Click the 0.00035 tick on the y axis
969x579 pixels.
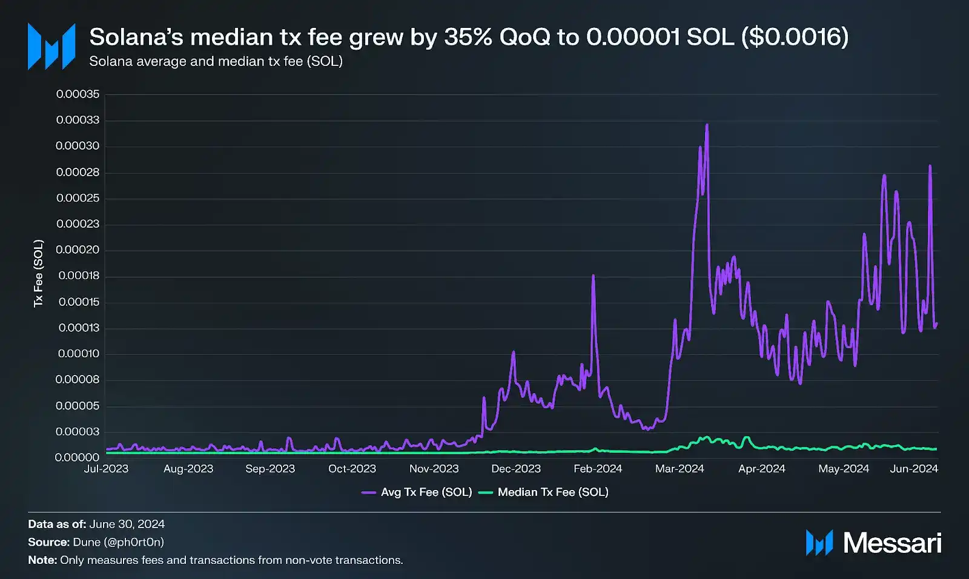(x=78, y=94)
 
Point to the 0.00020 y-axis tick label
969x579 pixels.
(x=78, y=250)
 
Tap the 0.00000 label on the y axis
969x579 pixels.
(x=78, y=457)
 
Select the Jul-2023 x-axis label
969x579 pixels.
(x=106, y=469)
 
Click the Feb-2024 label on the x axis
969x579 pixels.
(x=598, y=469)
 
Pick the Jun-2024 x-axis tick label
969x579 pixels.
(x=914, y=469)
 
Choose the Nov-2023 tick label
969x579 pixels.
(x=434, y=469)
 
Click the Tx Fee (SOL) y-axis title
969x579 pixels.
(x=39, y=273)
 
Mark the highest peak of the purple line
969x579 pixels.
(x=707, y=126)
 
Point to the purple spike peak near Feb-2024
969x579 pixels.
(x=593, y=276)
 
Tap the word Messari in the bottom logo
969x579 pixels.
(x=892, y=543)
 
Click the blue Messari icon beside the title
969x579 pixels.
(x=51, y=47)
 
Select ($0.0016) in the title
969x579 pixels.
(x=795, y=38)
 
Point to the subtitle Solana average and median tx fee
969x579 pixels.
(x=216, y=61)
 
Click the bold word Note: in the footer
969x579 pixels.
(x=42, y=560)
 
